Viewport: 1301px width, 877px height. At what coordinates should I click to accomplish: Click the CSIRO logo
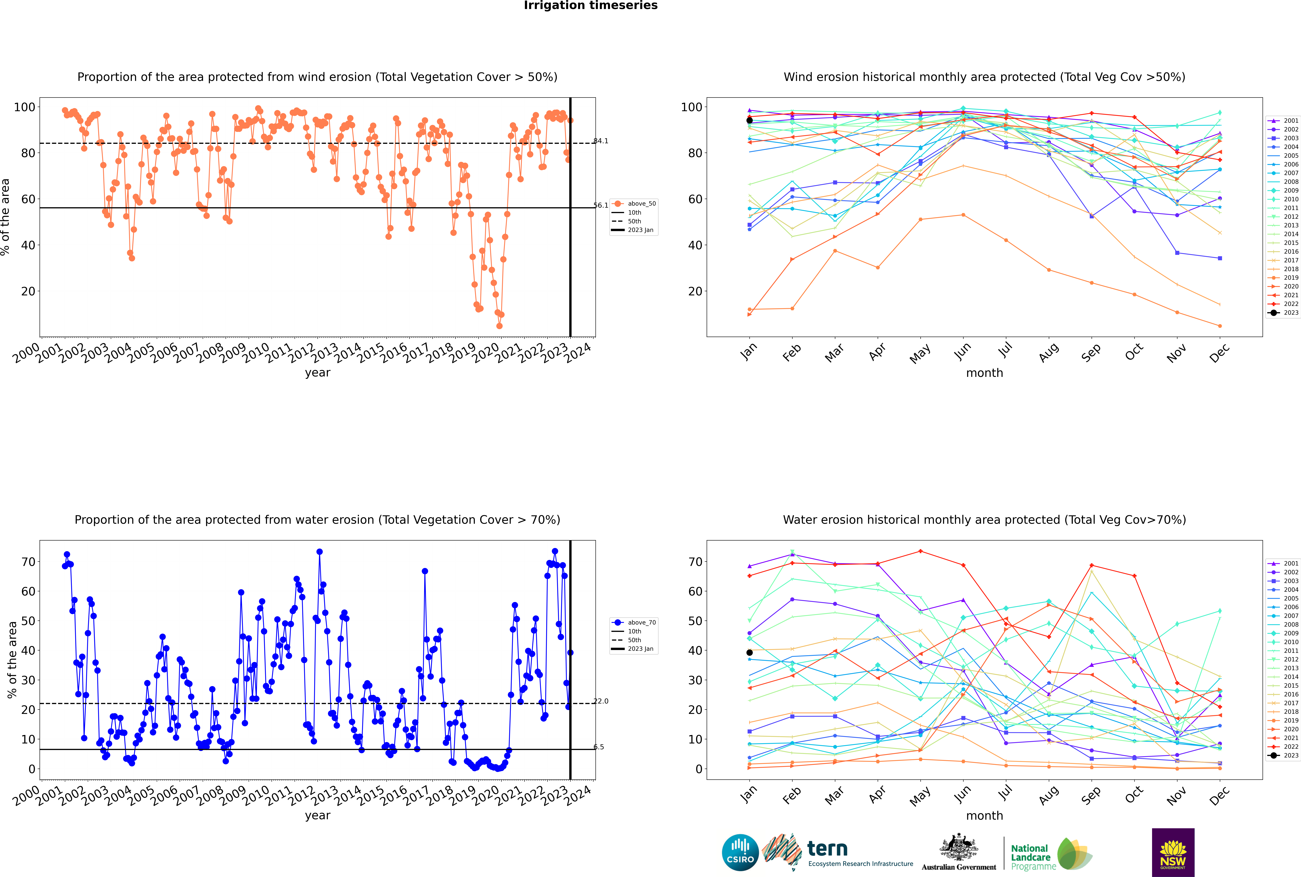[x=740, y=852]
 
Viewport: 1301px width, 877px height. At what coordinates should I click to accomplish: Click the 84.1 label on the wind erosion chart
[x=601, y=141]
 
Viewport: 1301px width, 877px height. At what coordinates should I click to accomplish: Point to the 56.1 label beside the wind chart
[x=601, y=205]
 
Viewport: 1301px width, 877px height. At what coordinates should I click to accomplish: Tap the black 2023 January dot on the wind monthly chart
[x=750, y=120]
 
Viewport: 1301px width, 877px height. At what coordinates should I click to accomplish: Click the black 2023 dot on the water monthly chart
[x=750, y=653]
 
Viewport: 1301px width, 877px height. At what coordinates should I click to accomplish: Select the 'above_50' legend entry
[x=641, y=204]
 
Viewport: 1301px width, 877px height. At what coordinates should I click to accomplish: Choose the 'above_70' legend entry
[x=641, y=623]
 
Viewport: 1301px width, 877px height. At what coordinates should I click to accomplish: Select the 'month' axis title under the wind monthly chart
[x=984, y=373]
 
